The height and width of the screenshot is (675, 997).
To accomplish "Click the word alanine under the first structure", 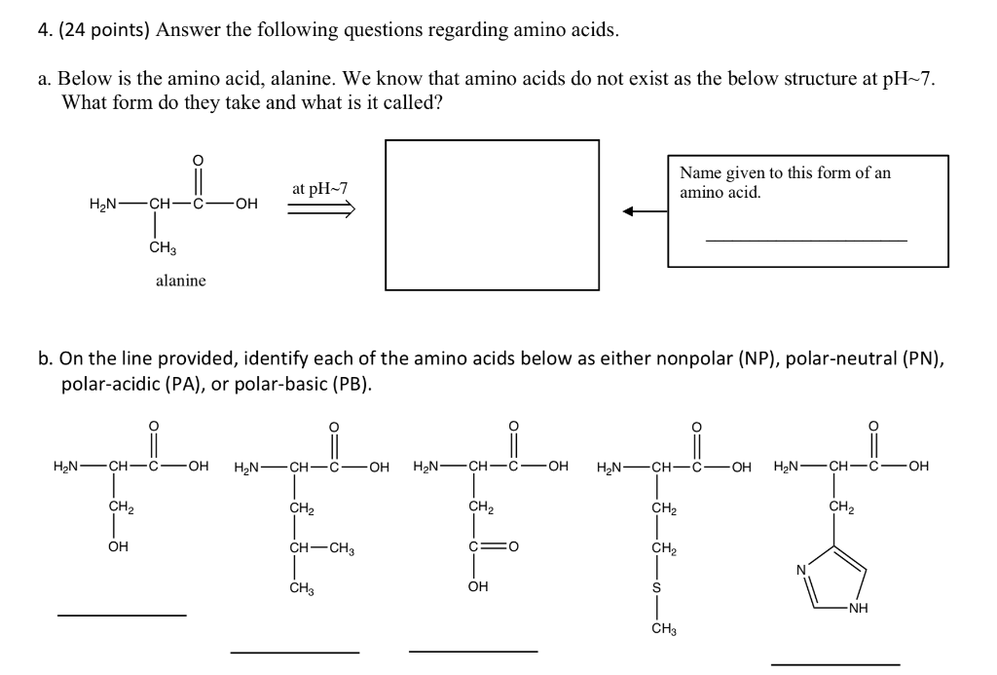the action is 181,281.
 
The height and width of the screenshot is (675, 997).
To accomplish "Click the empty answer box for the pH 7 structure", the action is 493,214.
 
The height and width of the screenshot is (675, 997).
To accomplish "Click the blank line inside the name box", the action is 805,240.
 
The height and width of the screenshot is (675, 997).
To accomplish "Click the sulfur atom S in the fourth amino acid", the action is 656,587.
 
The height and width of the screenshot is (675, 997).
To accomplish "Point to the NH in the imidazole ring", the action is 858,611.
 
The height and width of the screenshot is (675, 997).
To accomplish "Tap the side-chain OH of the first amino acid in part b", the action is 118,546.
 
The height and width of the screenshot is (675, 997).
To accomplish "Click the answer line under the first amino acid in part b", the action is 122,615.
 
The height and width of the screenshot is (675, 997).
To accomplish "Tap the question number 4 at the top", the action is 44,30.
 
